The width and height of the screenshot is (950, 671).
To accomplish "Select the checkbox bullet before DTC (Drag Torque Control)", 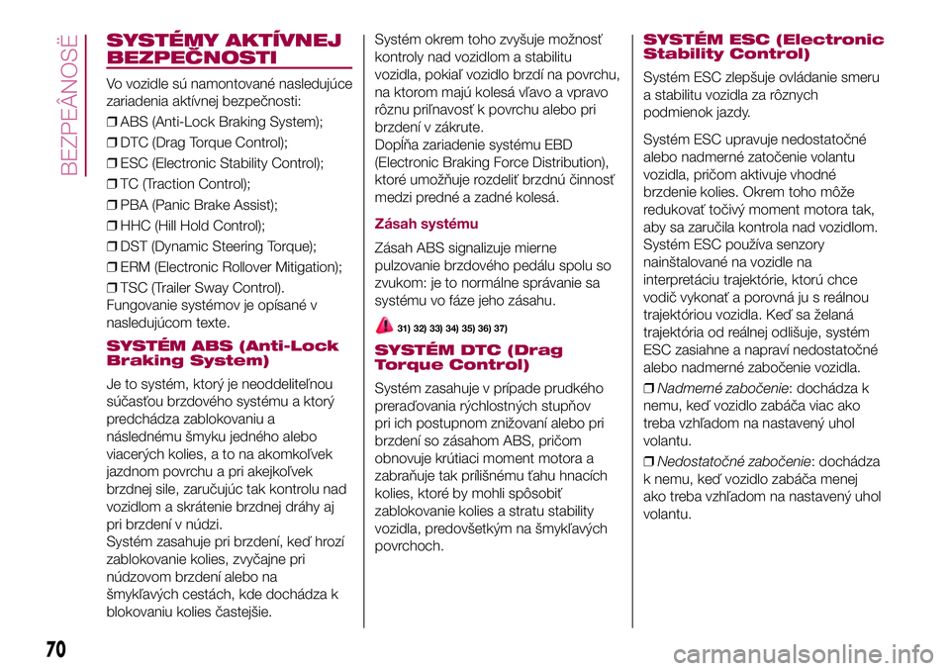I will [x=111, y=143].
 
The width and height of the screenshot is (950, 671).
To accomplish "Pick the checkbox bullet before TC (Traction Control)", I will [x=111, y=183].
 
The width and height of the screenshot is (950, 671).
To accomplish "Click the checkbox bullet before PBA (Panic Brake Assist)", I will [x=111, y=205].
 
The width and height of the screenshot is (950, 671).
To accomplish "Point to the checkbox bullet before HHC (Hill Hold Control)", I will [x=111, y=225].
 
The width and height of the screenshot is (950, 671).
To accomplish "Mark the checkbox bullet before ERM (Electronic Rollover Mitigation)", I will [x=111, y=266].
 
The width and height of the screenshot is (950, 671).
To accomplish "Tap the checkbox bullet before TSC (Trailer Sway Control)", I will [x=111, y=287].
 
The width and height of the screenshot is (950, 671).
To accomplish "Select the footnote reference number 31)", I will [x=405, y=328].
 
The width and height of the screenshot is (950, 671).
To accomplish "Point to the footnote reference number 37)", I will [x=501, y=328].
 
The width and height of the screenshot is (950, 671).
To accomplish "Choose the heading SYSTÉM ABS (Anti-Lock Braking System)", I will [x=221, y=352].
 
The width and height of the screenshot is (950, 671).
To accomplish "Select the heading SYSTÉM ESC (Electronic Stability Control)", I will [x=763, y=47].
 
